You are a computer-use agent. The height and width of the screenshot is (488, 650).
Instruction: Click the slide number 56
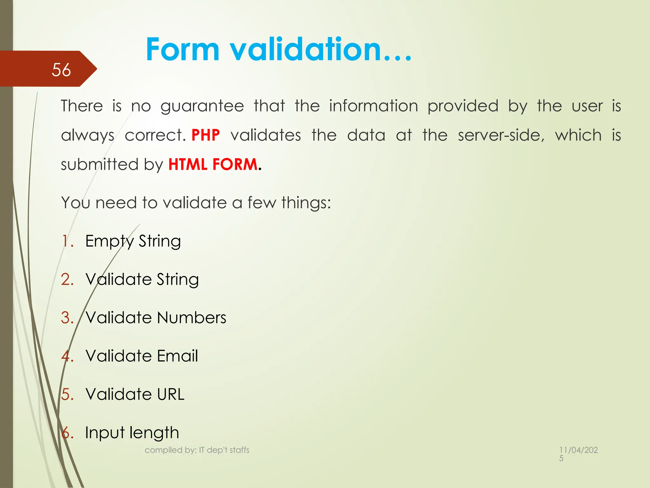coord(61,70)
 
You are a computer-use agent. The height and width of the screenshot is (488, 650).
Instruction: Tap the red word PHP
coord(205,135)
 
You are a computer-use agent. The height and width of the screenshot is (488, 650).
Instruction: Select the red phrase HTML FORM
coord(213,165)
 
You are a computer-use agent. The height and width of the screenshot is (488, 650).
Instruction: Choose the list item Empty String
coord(133,241)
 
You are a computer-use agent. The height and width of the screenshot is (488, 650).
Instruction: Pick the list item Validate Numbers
coord(156,318)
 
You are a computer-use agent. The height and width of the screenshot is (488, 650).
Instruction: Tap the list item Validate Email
coord(142,356)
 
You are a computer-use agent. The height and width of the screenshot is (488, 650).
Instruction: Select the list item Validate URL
coord(135,394)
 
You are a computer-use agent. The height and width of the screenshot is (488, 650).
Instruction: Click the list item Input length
coord(132,433)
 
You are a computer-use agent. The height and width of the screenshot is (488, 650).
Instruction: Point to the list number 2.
coord(67,280)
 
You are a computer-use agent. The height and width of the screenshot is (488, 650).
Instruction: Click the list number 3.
coord(67,318)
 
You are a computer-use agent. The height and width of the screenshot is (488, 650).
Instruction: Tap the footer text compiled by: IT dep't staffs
coord(197,450)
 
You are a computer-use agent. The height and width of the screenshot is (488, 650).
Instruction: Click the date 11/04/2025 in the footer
coord(578,454)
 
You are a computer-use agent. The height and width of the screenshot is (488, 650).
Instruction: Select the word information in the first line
coord(374,106)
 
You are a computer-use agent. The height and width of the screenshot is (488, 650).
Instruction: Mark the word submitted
coord(99,165)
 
